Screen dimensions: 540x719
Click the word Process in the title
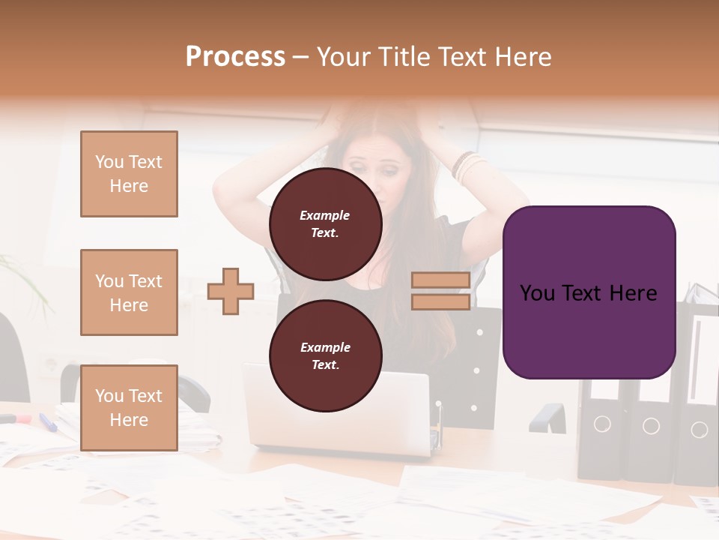click(235, 57)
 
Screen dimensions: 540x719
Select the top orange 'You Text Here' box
click(129, 174)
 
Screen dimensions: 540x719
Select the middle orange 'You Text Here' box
click(129, 292)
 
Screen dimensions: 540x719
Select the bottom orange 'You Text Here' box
click(129, 407)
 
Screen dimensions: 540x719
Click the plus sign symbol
click(231, 291)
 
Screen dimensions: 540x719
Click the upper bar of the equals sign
click(441, 280)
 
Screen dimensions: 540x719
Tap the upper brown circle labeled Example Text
click(325, 223)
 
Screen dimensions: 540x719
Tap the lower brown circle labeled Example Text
click(325, 355)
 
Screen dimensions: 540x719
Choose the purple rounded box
click(589, 292)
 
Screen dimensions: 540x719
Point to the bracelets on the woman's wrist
click(467, 166)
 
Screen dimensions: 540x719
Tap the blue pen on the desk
click(48, 422)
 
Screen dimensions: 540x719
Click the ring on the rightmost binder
click(699, 430)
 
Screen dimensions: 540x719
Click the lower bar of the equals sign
click(441, 302)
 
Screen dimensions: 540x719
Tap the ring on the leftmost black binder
click(602, 424)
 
